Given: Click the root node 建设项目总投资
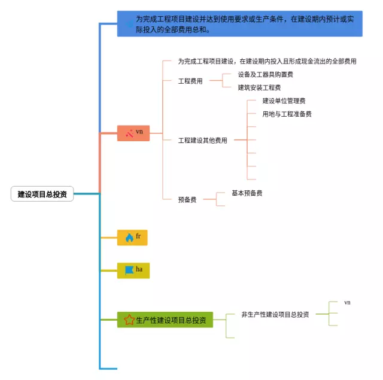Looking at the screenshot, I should [x=42, y=194].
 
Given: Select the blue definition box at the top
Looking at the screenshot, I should [x=239, y=23].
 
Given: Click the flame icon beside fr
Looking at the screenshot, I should [x=129, y=238].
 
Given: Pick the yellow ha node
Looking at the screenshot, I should [x=133, y=270].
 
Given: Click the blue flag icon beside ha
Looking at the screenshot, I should [x=129, y=270].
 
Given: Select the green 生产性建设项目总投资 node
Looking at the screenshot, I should [x=165, y=320].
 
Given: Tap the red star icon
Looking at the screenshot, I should [x=129, y=320].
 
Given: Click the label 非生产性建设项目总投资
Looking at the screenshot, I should [x=275, y=315].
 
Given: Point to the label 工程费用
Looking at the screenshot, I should [x=190, y=81].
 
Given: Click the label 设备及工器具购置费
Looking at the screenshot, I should [x=265, y=75].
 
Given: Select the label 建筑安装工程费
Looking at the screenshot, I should [x=259, y=88].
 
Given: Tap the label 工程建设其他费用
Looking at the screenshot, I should [x=203, y=141].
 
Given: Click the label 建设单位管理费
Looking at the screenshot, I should [x=284, y=101].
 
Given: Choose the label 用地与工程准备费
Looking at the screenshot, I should [x=287, y=114].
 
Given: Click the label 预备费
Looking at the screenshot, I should [x=187, y=200].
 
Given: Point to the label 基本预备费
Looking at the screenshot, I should [x=247, y=193].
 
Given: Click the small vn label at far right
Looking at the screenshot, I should [x=347, y=303].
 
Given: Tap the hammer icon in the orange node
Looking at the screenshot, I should [x=129, y=133].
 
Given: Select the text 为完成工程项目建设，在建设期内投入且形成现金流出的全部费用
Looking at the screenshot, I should [x=267, y=62].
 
